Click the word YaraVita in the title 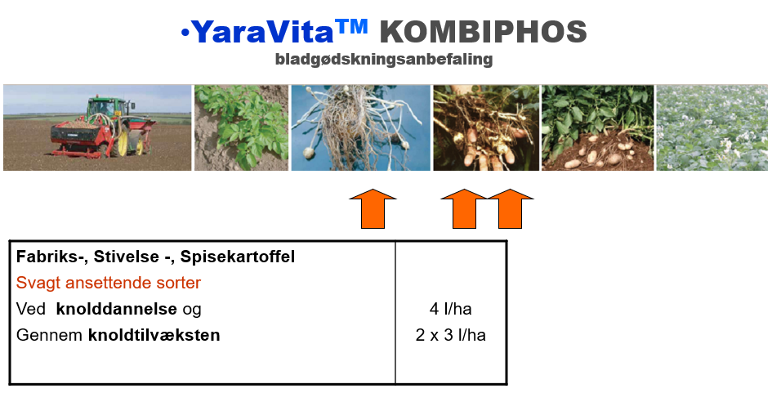[x=262, y=33]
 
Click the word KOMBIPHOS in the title [x=483, y=33]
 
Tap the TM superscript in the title [x=351, y=26]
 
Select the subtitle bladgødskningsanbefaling [x=384, y=59]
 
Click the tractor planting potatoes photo [x=97, y=127]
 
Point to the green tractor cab [x=105, y=109]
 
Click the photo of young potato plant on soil [x=241, y=127]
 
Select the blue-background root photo [x=361, y=127]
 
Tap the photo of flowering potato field [x=712, y=127]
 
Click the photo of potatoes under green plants [x=598, y=127]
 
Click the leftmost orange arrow [x=373, y=209]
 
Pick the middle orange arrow [x=464, y=209]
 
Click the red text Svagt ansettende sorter [x=109, y=283]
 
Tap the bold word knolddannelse [x=116, y=309]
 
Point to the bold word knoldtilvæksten [x=154, y=335]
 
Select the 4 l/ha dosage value [x=450, y=309]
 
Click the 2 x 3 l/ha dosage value [x=450, y=335]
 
